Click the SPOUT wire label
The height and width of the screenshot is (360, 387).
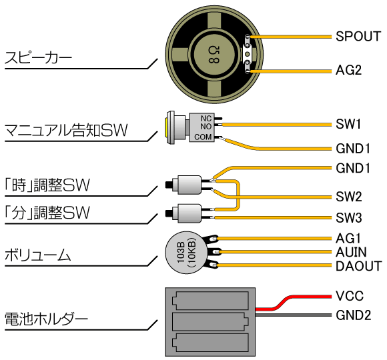(358, 36)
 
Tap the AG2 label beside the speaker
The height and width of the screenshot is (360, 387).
(348, 70)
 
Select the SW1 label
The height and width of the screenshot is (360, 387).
(348, 124)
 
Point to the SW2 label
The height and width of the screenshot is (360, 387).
(349, 197)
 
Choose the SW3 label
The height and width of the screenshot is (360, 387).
(349, 218)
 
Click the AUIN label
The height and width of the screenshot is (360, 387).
(351, 252)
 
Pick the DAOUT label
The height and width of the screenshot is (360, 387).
(359, 266)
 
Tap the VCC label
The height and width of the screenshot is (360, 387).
(350, 296)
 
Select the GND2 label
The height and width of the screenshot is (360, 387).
(354, 315)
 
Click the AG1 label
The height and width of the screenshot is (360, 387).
(348, 239)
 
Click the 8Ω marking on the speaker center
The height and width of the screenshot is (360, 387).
(214, 55)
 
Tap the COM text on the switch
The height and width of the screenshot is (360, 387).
(203, 137)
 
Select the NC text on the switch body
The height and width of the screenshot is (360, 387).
(206, 119)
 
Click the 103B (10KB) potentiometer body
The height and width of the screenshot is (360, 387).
(186, 252)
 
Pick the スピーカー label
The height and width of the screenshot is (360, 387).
(38, 57)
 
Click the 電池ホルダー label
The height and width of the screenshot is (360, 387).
(46, 319)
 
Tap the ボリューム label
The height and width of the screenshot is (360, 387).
(37, 255)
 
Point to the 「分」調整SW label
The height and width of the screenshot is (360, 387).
(47, 213)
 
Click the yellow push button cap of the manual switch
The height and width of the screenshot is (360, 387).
(166, 127)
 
